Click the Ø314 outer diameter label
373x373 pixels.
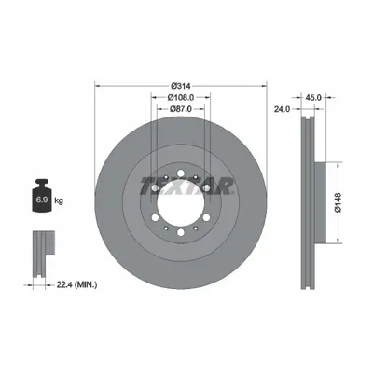point(181,85)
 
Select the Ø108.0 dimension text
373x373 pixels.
point(181,97)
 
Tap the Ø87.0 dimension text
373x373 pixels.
point(181,109)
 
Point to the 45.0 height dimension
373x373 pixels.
point(314,97)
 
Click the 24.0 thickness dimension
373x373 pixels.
point(282,109)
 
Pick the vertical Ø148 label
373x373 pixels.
point(338,202)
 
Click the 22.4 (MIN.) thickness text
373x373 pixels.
point(76,284)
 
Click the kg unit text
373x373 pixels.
point(59,200)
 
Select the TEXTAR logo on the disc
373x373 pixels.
point(186,186)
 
